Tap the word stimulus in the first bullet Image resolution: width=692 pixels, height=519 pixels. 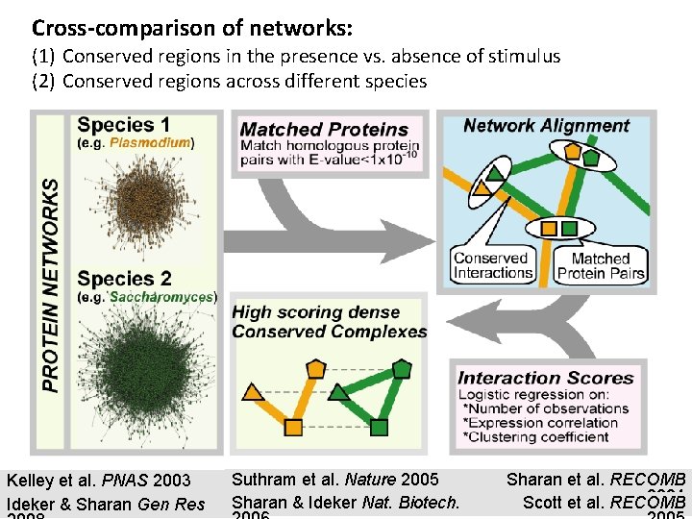[x=519, y=57]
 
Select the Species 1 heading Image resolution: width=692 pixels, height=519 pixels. [x=123, y=124]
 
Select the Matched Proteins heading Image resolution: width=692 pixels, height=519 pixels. [x=324, y=129]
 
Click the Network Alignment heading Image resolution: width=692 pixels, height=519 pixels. [x=546, y=126]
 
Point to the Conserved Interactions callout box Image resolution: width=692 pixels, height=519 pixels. [x=491, y=265]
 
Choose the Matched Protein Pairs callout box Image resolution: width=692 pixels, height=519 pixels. [x=601, y=265]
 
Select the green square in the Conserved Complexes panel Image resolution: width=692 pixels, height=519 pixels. [x=379, y=427]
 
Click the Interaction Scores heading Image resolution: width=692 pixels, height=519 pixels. [x=546, y=378]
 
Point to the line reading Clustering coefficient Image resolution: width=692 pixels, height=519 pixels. [x=537, y=437]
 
